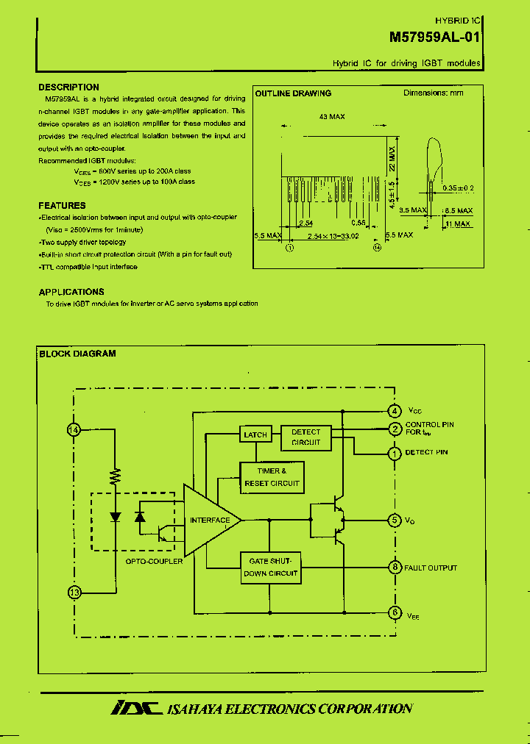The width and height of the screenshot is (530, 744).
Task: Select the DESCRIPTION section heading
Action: tap(68, 87)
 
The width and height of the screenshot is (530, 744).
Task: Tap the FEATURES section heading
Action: tap(62, 206)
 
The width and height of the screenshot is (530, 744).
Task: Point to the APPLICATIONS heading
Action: tap(71, 292)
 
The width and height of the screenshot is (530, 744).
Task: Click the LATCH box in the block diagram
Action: tap(255, 434)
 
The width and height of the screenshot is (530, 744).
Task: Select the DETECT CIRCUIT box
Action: tap(305, 437)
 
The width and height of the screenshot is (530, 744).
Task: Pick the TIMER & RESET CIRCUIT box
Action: tap(272, 477)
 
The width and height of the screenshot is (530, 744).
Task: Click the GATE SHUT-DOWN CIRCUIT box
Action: tap(272, 567)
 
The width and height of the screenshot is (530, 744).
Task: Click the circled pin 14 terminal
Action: tap(74, 430)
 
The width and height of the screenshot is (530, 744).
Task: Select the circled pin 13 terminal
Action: tap(74, 592)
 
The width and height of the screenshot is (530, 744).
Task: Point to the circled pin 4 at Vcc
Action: tap(395, 411)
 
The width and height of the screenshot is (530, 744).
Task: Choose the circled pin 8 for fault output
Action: tap(395, 567)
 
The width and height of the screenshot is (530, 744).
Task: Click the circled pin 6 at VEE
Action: tap(395, 612)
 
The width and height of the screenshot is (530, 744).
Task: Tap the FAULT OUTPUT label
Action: tap(431, 568)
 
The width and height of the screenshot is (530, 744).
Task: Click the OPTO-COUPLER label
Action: tap(154, 561)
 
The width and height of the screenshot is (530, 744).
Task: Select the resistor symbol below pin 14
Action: tap(116, 476)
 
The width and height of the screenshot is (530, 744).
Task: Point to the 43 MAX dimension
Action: tap(332, 117)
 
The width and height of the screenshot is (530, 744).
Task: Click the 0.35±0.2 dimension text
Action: tap(458, 188)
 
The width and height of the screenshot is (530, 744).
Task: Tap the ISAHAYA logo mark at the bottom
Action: tap(135, 708)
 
